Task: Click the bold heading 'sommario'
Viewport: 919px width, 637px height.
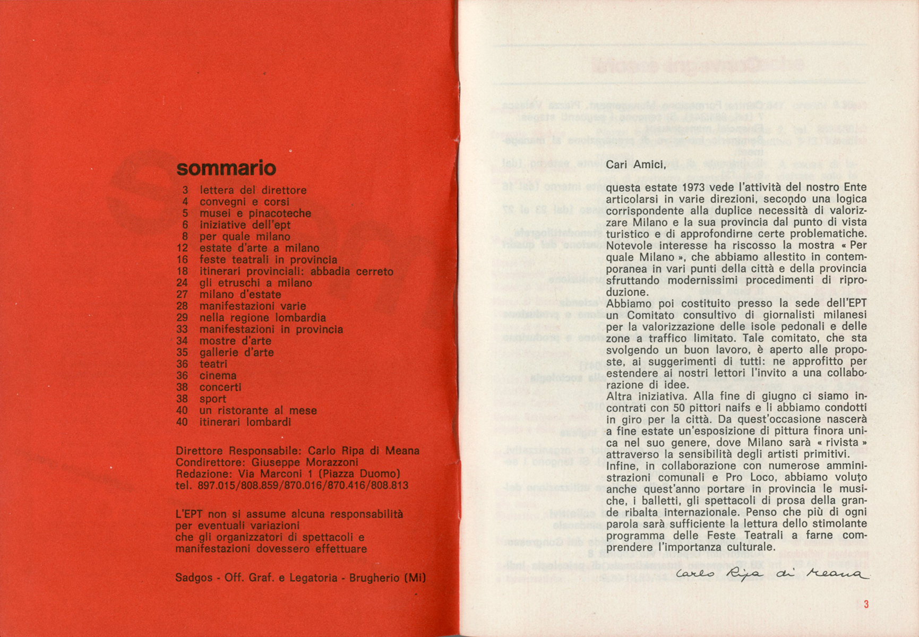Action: tap(226, 168)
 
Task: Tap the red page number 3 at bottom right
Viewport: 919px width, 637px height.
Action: tap(866, 604)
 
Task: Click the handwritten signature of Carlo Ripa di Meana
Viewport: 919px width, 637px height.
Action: tap(772, 575)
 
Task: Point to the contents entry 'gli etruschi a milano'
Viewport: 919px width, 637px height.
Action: tap(256, 283)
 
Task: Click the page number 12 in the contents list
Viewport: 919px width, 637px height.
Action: tap(182, 248)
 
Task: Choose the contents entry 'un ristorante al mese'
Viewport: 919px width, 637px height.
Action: tap(258, 410)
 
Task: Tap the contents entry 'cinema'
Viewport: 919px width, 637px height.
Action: tap(218, 375)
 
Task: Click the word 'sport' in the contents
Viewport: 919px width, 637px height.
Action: tap(213, 399)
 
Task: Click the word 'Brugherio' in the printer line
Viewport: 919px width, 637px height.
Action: tap(374, 578)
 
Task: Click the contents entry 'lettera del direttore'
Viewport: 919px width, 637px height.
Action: tap(253, 190)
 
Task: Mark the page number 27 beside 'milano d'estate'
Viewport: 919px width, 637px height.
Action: tap(182, 295)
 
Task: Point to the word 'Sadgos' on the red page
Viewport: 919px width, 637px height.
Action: tap(194, 578)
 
